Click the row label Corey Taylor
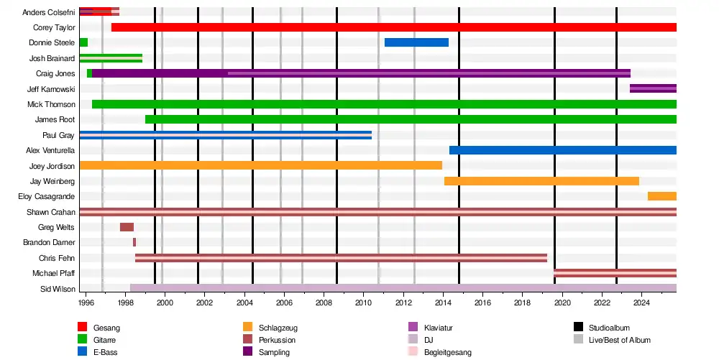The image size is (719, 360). [54, 27]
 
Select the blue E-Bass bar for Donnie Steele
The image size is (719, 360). [416, 42]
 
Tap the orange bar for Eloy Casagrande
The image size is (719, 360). [661, 196]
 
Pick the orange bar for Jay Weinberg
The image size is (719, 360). [541, 181]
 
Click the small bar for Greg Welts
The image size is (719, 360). [127, 227]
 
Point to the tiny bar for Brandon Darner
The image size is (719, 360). [134, 242]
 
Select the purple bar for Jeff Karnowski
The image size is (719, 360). [653, 88]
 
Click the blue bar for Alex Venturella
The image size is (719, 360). [562, 150]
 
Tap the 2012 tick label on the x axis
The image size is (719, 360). [403, 305]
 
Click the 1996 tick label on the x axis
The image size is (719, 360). [86, 305]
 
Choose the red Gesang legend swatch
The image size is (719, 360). [83, 328]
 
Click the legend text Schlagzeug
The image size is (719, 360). [278, 328]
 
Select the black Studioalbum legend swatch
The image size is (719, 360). [579, 328]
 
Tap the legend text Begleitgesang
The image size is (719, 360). [448, 352]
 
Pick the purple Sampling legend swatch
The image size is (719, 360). [248, 352]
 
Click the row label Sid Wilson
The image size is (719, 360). [57, 289]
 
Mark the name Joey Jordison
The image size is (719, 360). [52, 166]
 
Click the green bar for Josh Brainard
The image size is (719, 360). [111, 58]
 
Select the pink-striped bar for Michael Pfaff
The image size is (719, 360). [615, 273]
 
